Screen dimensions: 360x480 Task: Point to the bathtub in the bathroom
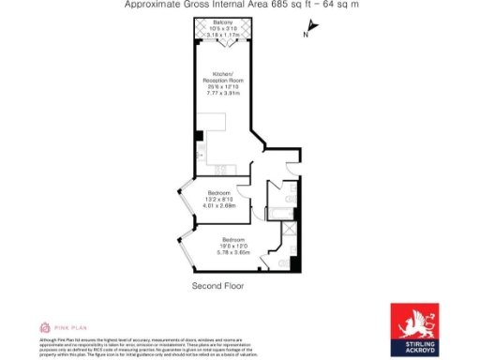pyautogui.click(x=282, y=196)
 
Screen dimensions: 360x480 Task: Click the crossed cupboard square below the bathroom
pyautogui.click(x=290, y=230)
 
